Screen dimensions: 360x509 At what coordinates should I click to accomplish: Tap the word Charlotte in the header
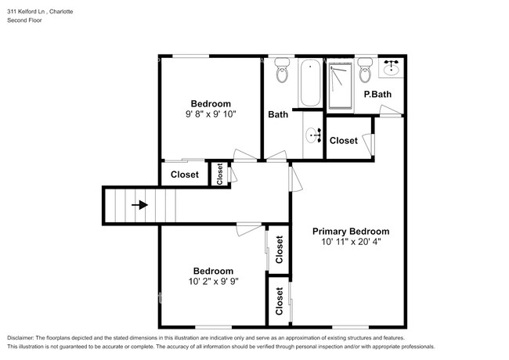click(x=59, y=12)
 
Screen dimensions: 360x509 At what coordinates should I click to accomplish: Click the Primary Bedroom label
click(x=351, y=231)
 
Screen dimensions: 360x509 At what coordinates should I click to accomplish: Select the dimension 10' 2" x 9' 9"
click(x=213, y=281)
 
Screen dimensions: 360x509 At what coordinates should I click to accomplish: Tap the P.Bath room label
click(x=377, y=95)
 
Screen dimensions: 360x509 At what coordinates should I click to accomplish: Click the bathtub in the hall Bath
click(x=309, y=83)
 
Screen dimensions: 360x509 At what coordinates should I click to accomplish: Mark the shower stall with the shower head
click(x=340, y=83)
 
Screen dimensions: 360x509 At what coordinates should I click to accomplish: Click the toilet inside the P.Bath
click(x=364, y=74)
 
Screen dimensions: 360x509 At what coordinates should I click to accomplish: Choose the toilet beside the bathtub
click(x=283, y=74)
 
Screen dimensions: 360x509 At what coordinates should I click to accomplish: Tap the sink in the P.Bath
click(x=391, y=69)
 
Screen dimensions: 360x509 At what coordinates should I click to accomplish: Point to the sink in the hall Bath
click(x=315, y=135)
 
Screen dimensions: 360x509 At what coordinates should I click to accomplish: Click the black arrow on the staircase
click(x=139, y=205)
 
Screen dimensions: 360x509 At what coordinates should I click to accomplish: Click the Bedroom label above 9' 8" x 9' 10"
click(x=211, y=103)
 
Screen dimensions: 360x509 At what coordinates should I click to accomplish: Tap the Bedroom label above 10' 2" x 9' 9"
click(x=213, y=271)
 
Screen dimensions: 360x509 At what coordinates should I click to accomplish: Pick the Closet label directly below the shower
click(x=343, y=141)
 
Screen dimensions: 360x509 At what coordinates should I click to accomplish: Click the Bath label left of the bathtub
click(x=278, y=114)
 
